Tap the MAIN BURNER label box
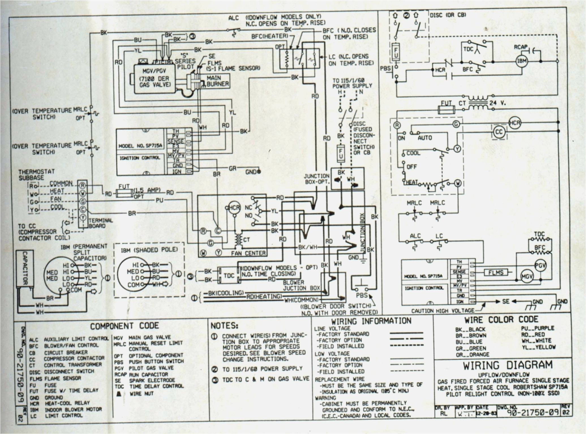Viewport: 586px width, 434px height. coord(217,81)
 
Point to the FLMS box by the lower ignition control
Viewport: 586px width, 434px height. coord(496,273)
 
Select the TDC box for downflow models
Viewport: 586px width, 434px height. coord(229,275)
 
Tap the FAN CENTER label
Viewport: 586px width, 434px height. coord(248,253)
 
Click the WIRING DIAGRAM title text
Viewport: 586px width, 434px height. coord(507,365)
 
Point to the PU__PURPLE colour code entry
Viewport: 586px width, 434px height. coord(538,328)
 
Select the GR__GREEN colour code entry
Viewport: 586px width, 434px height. coord(471,348)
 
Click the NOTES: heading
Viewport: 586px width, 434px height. coord(224,326)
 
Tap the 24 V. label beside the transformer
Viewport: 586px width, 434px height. coord(497,103)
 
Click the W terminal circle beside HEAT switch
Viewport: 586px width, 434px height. coord(458,183)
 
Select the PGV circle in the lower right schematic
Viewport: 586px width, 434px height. coord(540,266)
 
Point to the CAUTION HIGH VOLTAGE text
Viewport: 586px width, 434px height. coord(443,311)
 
